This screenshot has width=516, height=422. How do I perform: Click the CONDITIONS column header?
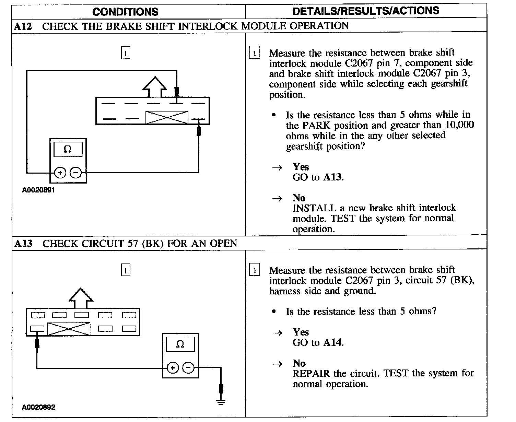[125, 12]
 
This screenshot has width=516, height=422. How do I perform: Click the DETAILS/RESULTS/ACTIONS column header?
[366, 11]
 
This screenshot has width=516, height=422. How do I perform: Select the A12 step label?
[23, 26]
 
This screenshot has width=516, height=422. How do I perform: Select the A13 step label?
[23, 244]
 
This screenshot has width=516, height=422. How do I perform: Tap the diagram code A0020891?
[38, 190]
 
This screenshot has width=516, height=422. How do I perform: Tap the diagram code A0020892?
[38, 407]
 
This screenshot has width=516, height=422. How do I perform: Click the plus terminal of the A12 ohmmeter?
[60, 173]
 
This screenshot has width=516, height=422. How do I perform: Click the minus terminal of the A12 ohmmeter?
[76, 173]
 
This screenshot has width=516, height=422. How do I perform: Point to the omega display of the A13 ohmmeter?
[180, 344]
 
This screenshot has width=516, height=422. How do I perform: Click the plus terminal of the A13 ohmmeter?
[173, 368]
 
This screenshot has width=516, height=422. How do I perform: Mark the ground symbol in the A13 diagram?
[221, 401]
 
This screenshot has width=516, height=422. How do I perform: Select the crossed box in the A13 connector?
[69, 329]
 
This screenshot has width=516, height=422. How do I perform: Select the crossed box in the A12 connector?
[167, 117]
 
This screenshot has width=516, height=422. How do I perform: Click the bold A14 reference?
[333, 342]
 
